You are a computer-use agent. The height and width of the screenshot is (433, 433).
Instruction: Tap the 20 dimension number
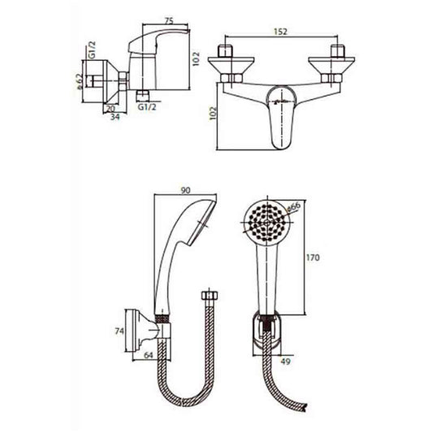(110, 107)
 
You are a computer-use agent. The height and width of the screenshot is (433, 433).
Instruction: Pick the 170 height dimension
(313, 259)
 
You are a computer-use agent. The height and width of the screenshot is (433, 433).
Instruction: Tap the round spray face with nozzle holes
(264, 220)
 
